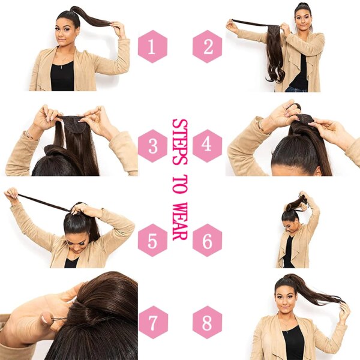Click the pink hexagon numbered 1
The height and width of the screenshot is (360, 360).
(152, 46)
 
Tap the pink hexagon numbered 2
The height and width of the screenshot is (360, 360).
(207, 46)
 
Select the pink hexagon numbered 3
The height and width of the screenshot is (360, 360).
(152, 146)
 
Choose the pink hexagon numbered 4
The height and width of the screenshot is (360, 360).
(207, 146)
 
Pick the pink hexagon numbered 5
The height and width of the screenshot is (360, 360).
(152, 241)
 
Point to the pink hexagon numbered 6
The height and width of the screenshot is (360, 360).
(207, 241)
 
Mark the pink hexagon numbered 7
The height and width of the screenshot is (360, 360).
(152, 323)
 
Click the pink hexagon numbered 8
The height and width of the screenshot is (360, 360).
(207, 323)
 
